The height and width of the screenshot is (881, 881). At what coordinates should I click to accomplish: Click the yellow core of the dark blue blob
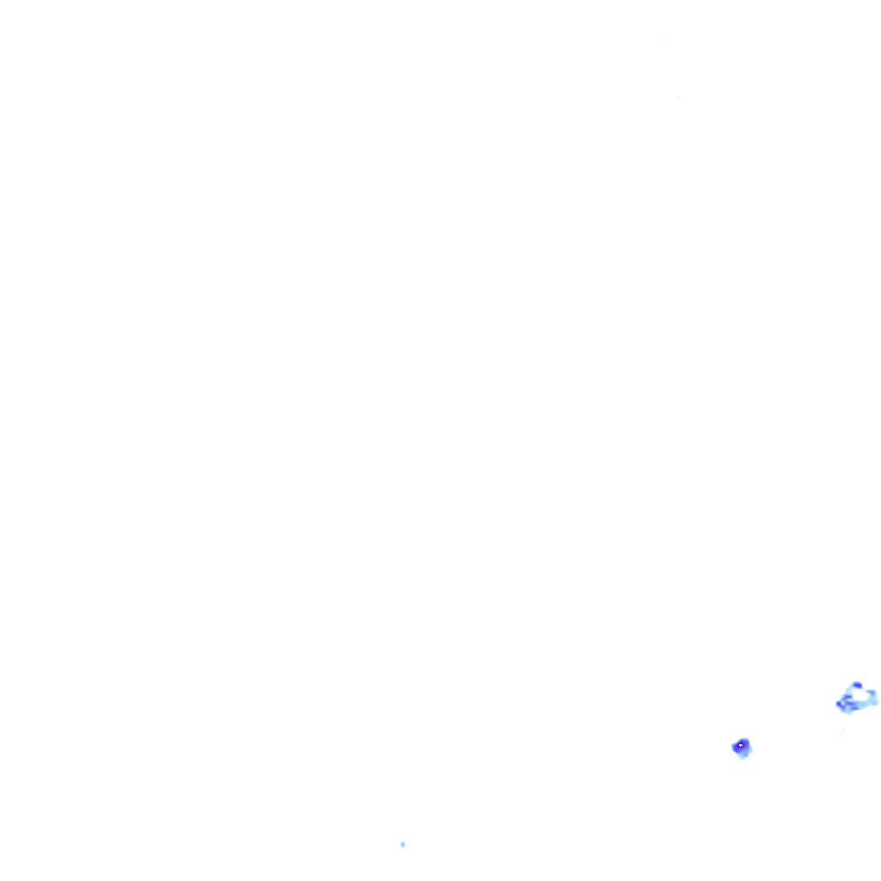741,745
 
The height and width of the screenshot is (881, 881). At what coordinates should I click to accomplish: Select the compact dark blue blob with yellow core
741,747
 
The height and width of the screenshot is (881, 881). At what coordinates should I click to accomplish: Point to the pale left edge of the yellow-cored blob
734,747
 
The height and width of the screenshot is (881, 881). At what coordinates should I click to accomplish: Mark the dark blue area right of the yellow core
746,745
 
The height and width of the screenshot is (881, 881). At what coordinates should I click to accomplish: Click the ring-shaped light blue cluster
857,698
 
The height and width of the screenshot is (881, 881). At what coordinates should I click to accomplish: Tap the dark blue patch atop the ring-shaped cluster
857,686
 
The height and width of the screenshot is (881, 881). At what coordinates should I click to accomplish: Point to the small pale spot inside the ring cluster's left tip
843,702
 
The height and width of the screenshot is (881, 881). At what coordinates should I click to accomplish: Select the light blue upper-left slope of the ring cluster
847,691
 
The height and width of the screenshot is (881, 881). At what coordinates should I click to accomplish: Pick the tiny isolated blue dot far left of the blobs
403,845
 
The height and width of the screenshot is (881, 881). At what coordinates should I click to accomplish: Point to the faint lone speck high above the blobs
679,97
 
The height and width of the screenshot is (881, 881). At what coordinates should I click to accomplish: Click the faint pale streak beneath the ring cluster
843,730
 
